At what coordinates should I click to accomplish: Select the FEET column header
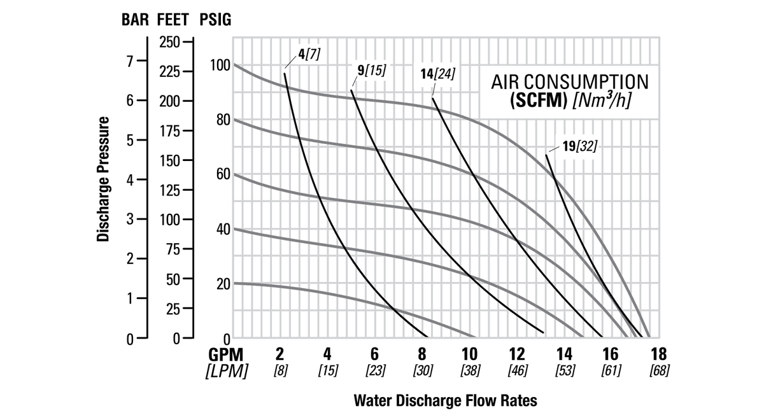173,20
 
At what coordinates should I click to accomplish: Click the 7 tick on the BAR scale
130,61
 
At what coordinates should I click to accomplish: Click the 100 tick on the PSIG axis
219,65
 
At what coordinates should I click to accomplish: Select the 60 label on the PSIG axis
222,174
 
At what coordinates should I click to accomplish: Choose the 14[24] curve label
437,74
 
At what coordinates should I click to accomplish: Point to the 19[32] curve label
579,146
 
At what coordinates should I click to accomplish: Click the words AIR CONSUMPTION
570,82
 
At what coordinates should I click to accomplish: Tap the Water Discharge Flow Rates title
445,401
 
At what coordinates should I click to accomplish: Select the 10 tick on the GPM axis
469,354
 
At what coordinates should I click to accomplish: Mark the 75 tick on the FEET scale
171,249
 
